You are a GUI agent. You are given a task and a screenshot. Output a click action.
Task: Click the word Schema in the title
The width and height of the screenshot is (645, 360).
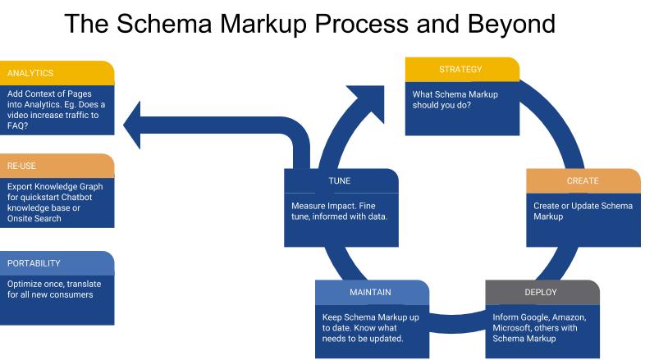(x=164, y=24)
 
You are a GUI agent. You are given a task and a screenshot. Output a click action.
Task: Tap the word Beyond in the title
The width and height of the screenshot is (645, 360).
(x=511, y=25)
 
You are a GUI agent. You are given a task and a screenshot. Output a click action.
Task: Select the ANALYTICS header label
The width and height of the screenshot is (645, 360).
(x=30, y=73)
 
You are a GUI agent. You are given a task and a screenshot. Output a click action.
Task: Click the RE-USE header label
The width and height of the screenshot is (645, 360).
(x=21, y=166)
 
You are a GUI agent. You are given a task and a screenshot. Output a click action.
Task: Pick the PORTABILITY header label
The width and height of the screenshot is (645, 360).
(x=34, y=263)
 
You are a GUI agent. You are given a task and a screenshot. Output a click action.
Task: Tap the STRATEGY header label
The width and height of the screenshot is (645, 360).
(x=460, y=70)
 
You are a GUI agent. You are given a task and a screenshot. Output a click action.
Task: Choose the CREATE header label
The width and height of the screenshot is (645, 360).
(x=583, y=181)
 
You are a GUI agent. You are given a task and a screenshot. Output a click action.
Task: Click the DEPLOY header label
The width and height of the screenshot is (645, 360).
(x=541, y=292)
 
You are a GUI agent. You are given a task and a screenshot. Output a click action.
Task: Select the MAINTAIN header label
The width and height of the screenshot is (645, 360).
(x=370, y=292)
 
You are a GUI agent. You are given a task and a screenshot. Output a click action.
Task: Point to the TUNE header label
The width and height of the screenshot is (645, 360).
(x=340, y=181)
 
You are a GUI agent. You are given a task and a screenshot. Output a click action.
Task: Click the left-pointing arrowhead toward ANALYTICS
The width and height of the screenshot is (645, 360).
(x=132, y=125)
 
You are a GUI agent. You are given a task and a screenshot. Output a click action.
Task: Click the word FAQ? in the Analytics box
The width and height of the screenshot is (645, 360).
(x=18, y=125)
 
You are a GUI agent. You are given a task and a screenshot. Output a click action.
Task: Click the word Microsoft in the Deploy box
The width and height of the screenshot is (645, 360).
(x=511, y=328)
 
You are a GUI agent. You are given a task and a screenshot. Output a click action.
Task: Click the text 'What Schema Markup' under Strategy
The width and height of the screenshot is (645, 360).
(x=455, y=94)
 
